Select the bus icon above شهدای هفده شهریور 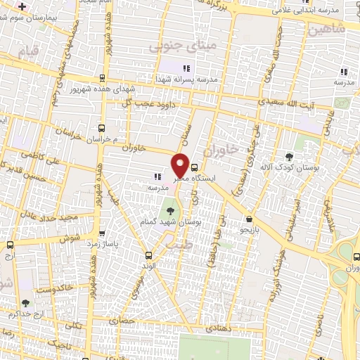pyautogui.click(x=103, y=78)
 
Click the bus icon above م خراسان pyautogui.click(x=102, y=128)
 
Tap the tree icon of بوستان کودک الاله pyautogui.click(x=290, y=156)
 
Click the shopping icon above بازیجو pyautogui.click(x=250, y=219)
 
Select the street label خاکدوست pyautogui.click(x=46, y=288)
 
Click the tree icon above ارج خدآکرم pyautogui.click(x=26, y=303)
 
